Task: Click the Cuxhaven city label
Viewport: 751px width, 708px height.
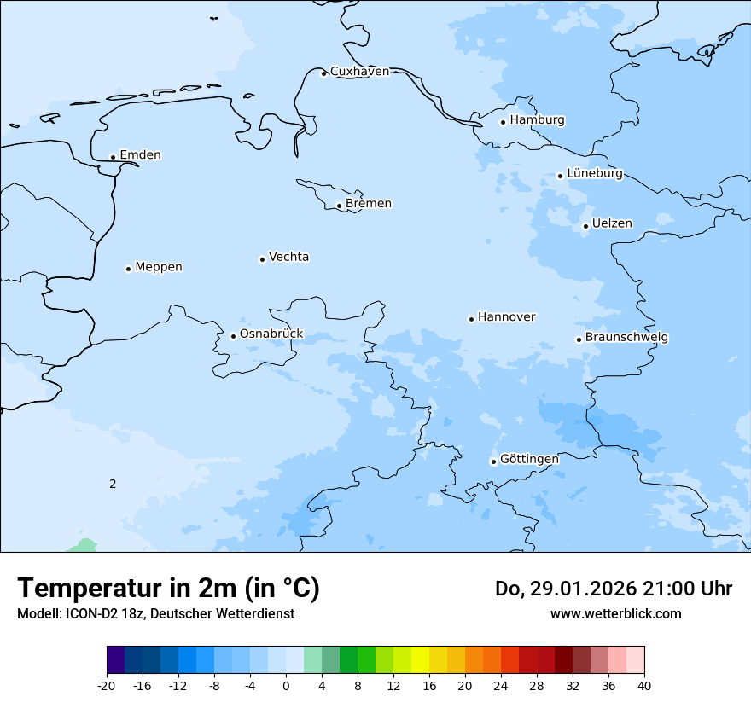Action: (359, 72)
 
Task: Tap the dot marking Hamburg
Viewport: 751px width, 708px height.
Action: (504, 122)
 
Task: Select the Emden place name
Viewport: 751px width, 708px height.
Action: (140, 155)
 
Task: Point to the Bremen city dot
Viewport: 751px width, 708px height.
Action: (339, 206)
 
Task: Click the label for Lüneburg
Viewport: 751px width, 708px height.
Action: (594, 174)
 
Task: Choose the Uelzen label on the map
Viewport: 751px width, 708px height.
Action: (612, 224)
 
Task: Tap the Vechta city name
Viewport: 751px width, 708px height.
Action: (288, 257)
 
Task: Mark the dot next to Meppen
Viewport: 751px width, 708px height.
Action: (128, 269)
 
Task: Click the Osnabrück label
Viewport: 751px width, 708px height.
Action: (271, 334)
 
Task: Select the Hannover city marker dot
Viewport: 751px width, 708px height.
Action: (471, 319)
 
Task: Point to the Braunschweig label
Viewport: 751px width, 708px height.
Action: (626, 338)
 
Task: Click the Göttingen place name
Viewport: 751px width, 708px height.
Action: (529, 460)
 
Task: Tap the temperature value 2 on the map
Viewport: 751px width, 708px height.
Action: (113, 484)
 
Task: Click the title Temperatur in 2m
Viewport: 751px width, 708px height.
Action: (168, 589)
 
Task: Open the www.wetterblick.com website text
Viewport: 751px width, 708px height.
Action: (615, 613)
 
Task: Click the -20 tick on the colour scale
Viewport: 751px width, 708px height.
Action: (107, 685)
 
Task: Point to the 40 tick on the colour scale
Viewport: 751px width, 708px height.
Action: (644, 685)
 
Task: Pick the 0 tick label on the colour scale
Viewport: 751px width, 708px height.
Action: (286, 685)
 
